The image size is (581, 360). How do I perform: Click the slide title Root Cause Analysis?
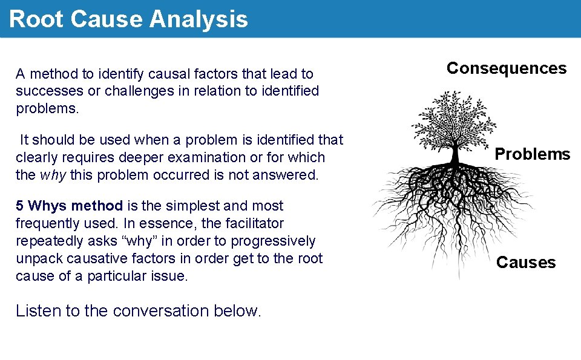[x=128, y=19]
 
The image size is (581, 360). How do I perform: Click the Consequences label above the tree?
[x=507, y=68]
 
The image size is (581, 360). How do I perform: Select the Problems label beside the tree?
[x=532, y=154]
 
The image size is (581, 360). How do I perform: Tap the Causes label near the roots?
[x=525, y=263]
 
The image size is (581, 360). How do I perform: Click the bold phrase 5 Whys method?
[x=69, y=206]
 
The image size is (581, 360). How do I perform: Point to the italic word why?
[x=53, y=175]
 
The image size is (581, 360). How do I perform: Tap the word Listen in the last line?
[x=38, y=311]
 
